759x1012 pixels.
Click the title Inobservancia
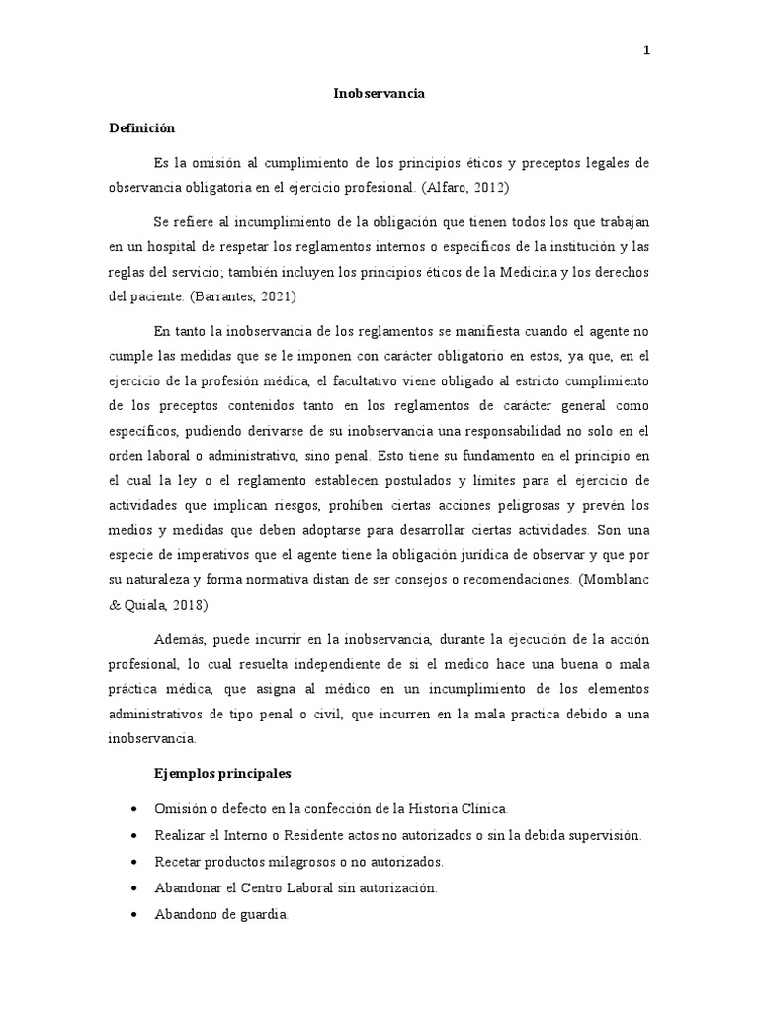pos(379,93)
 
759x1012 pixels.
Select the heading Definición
pos(141,128)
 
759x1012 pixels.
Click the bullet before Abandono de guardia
pos(133,916)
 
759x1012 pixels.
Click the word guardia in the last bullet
pos(259,915)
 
